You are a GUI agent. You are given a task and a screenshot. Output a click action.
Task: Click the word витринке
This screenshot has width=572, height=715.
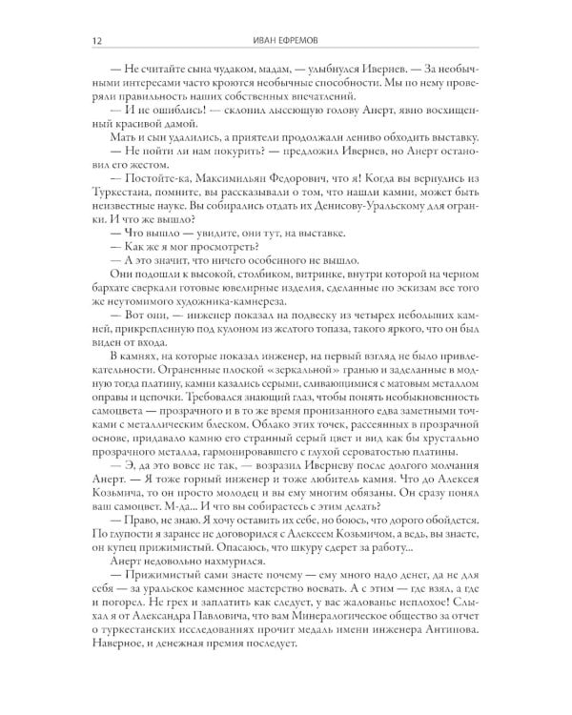point(299,276)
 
